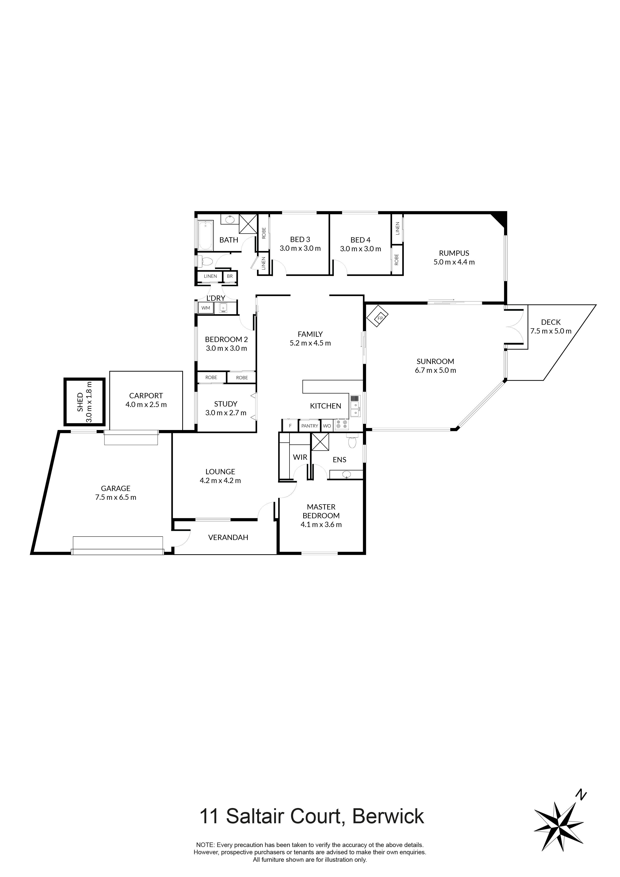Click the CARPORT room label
tap(146, 396)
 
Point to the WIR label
tap(300, 457)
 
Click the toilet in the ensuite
tap(352, 442)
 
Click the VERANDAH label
tap(228, 537)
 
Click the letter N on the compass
tap(581, 795)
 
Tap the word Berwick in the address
tap(388, 816)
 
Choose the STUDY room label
tap(225, 404)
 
